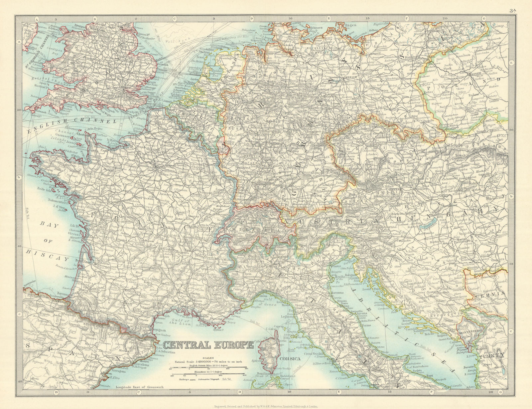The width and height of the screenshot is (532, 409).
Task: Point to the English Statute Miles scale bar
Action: pyautogui.click(x=210, y=369)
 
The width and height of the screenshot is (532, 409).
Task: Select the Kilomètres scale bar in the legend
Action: pyautogui.click(x=210, y=375)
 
